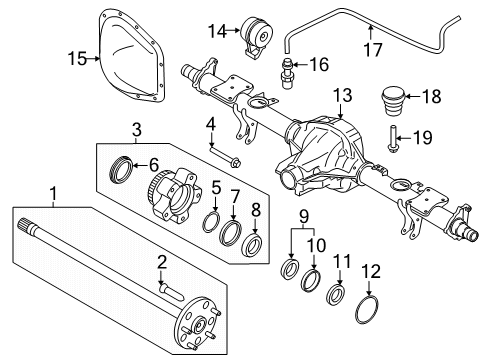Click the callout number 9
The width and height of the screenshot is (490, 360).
(304, 216)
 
